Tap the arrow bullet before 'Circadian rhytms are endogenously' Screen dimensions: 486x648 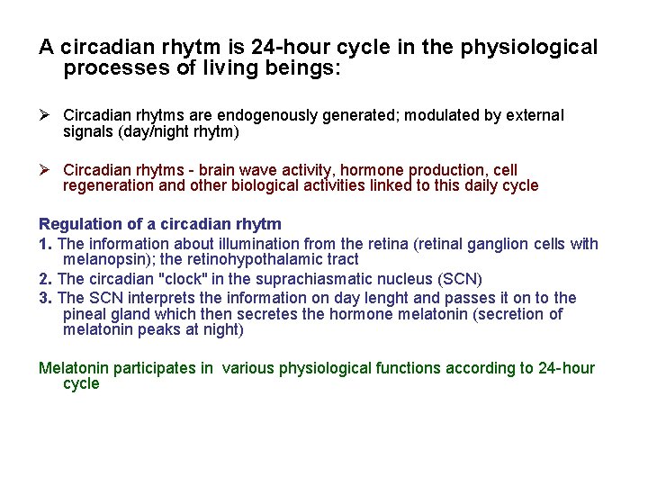tap(45, 115)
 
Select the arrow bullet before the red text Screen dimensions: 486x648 tap(45, 170)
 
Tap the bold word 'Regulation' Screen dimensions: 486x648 tap(76, 224)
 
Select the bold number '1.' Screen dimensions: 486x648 tap(46, 244)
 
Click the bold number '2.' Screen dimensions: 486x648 tap(46, 278)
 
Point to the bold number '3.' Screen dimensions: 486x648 tap(46, 298)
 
